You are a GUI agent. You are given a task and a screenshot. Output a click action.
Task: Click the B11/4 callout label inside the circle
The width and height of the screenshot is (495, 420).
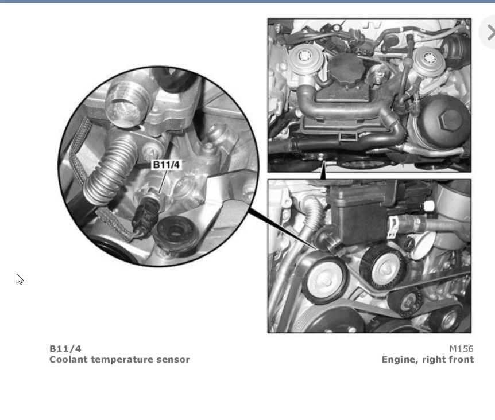[x=166, y=165]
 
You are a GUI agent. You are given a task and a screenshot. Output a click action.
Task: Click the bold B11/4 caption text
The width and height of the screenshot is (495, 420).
[x=65, y=348]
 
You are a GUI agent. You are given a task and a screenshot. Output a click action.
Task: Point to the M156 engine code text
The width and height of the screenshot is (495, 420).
[x=461, y=348]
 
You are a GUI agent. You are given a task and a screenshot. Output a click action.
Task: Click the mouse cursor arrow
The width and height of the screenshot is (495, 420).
[x=20, y=279]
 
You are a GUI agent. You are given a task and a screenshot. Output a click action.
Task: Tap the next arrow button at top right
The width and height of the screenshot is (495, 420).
[x=489, y=32]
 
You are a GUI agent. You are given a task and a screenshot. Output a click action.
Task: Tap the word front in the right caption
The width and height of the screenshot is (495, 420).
[x=462, y=360]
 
